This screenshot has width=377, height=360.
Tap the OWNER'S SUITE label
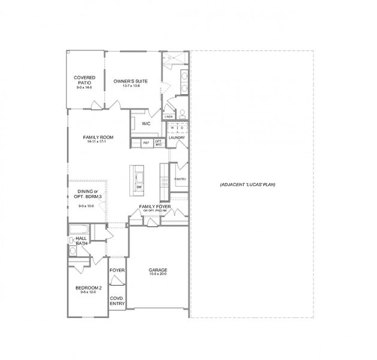point(130,82)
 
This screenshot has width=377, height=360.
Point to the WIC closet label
point(146,124)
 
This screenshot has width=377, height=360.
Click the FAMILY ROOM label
point(98,137)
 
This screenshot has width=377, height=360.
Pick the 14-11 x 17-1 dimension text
point(98,143)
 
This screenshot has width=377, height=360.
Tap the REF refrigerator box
point(146,143)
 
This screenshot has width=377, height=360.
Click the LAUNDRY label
point(177,138)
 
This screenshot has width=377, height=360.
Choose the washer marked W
point(173,128)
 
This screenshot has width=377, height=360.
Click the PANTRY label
point(180,179)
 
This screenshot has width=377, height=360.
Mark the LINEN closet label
point(168,117)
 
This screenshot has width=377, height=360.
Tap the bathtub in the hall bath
point(79,230)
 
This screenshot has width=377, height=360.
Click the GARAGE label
point(158,270)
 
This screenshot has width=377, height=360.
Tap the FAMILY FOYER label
point(155,206)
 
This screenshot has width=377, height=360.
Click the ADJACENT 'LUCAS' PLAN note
point(248,184)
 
